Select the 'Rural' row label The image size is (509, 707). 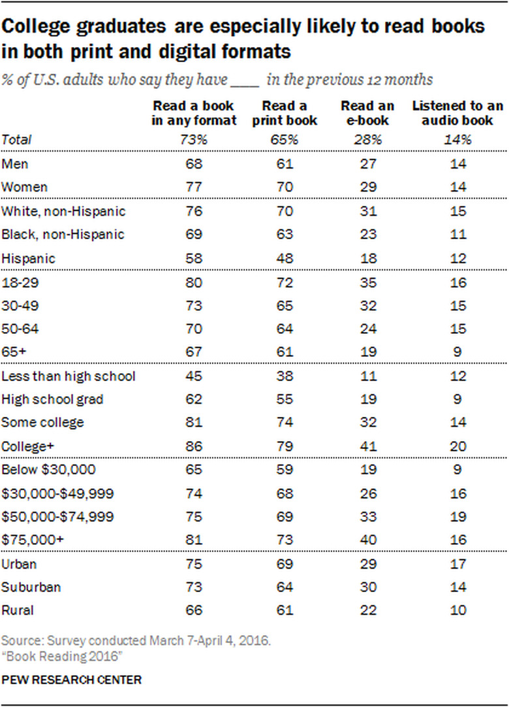pos(18,610)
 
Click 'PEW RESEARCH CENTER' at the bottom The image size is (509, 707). pos(71,680)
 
